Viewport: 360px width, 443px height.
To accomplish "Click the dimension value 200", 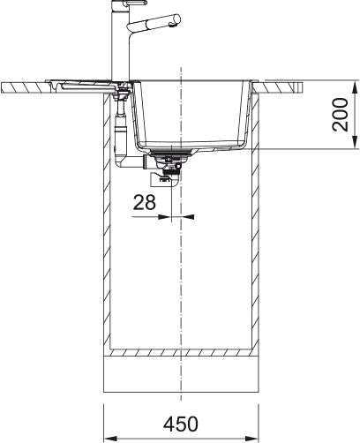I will tap(341, 115).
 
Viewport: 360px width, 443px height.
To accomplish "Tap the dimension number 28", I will tap(144, 202).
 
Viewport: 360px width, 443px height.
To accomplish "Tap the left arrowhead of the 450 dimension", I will tap(109, 437).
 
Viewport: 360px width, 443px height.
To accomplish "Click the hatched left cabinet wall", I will tap(109, 229).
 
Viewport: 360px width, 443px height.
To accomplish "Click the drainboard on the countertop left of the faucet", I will tap(84, 85).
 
